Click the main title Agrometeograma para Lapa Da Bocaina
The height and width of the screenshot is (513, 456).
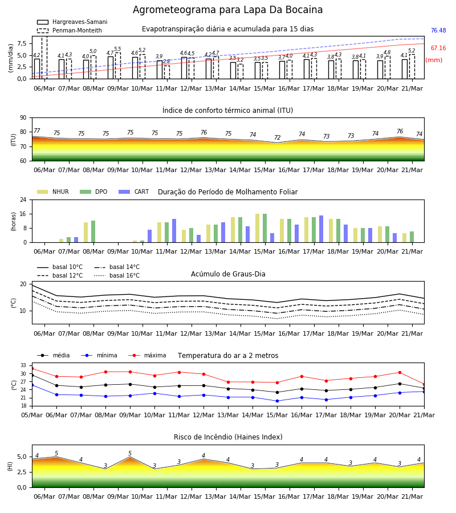click(x=227, y=10)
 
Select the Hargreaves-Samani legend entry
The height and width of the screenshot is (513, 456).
click(x=72, y=22)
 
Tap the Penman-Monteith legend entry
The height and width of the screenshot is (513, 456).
click(x=70, y=30)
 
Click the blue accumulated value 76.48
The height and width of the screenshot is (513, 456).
click(x=438, y=30)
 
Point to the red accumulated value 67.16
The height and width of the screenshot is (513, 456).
click(x=438, y=48)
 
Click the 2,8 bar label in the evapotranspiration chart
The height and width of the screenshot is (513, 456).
click(x=166, y=62)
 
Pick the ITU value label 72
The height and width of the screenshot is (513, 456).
click(x=278, y=137)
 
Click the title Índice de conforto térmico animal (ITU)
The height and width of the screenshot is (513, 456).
click(x=227, y=110)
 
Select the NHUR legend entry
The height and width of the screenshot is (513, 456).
click(x=53, y=192)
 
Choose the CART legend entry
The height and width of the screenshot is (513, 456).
click(x=134, y=192)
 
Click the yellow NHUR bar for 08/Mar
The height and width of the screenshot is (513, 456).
click(x=85, y=233)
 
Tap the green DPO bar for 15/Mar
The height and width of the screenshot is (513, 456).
click(x=264, y=228)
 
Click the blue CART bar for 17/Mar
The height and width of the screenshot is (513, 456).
click(x=321, y=229)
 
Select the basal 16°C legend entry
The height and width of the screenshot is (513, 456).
click(x=117, y=275)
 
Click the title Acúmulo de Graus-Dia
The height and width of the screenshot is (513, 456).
click(x=228, y=274)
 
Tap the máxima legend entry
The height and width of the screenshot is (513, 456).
click(x=147, y=355)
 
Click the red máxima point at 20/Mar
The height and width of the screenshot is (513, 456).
click(x=400, y=372)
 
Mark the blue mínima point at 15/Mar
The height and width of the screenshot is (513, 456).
click(x=278, y=401)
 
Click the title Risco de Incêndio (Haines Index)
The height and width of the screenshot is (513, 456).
click(x=228, y=437)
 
